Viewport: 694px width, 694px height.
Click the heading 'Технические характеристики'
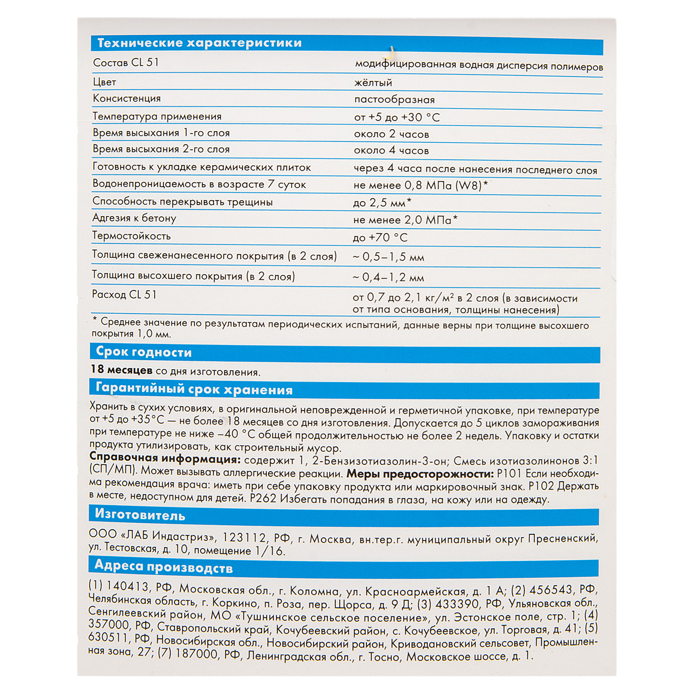point(199,43)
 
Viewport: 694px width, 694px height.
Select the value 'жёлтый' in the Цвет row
point(373,83)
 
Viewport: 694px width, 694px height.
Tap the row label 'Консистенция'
point(127,99)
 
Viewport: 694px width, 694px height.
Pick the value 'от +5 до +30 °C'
point(397,118)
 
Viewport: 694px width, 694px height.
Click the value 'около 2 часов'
point(391,134)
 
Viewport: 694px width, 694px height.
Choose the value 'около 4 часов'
point(391,151)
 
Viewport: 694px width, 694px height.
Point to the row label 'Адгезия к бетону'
point(134,218)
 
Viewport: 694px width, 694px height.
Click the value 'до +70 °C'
point(380,238)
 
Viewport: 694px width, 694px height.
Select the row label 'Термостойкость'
point(131,236)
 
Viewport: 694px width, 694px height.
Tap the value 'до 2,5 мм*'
point(382,203)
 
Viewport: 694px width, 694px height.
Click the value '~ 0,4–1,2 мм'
point(388,278)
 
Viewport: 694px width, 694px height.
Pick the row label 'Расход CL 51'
point(124,295)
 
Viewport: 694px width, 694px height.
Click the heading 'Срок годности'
point(143,352)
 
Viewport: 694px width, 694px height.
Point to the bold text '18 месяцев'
point(121,370)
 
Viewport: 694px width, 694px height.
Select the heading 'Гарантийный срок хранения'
point(194,389)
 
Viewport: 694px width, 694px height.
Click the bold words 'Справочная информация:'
point(165,459)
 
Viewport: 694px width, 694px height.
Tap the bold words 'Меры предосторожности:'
point(420,474)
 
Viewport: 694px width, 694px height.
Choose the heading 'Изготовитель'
point(140,515)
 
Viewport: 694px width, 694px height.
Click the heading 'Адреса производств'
point(163,567)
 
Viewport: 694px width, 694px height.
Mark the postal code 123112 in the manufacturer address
point(244,538)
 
